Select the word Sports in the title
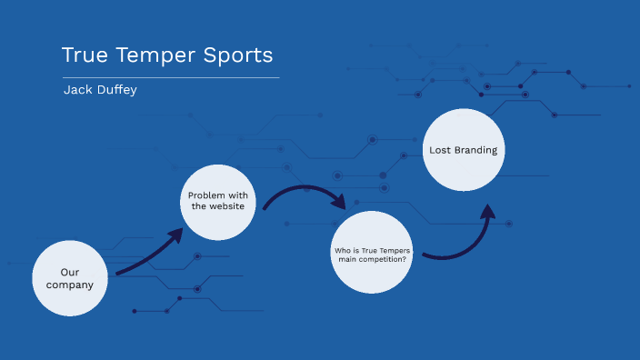[241, 55]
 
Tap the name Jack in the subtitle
[77, 90]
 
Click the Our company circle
[70, 278]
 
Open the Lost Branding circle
[463, 150]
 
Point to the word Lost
[440, 150]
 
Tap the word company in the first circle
[70, 285]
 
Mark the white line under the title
[170, 78]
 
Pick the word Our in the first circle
[70, 272]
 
